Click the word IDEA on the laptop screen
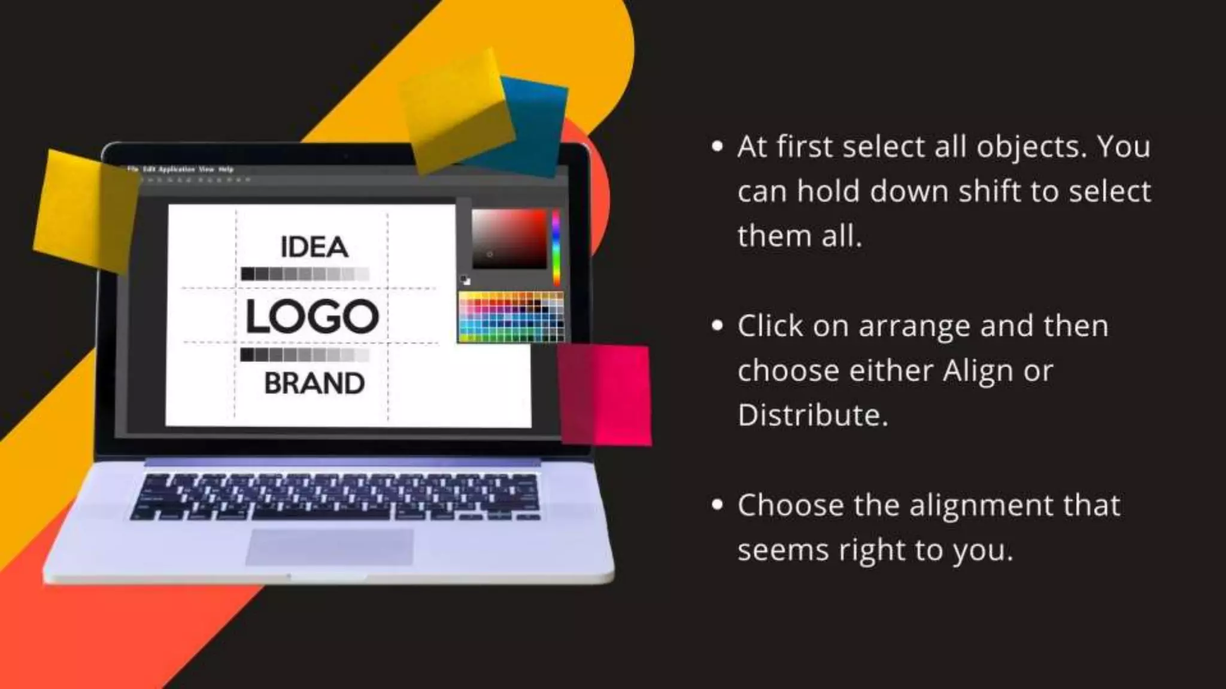coord(314,247)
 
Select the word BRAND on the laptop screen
coord(314,383)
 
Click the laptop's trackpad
coord(330,547)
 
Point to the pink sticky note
coord(605,395)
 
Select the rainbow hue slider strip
coord(556,246)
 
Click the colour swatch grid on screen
coord(511,317)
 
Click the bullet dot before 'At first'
coord(717,147)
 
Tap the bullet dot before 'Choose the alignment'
coord(717,505)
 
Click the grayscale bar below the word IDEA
coord(305,275)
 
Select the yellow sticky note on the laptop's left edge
coord(84,209)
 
